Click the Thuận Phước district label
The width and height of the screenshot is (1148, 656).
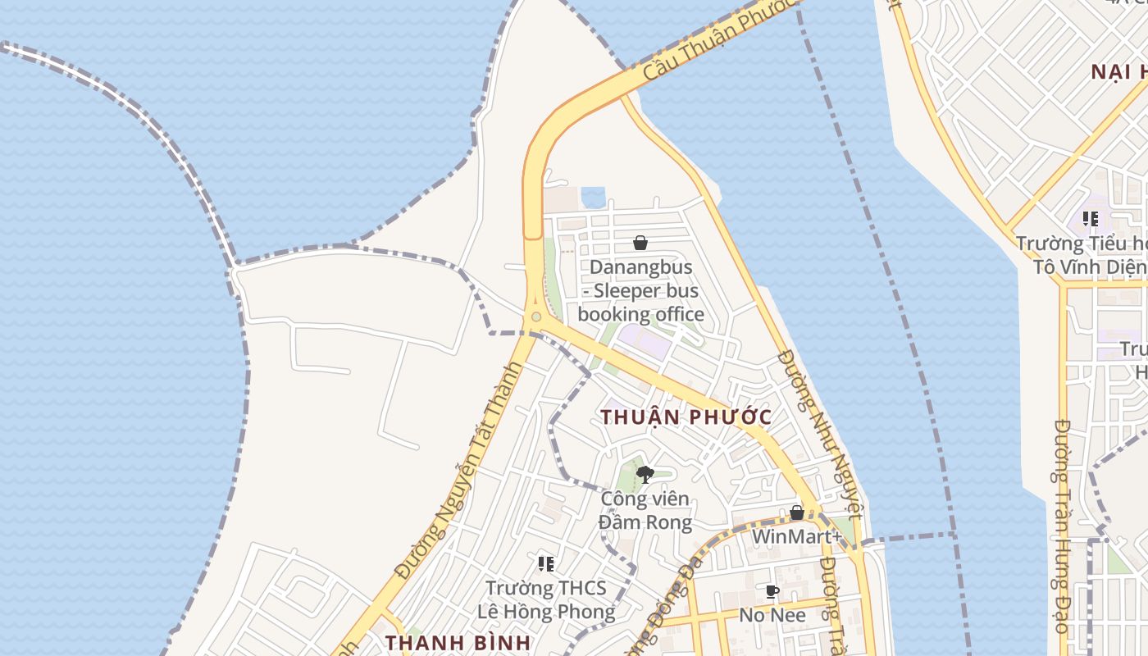[686, 417]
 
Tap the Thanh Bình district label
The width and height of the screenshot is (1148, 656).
[458, 642]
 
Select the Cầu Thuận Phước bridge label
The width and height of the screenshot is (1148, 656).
[719, 39]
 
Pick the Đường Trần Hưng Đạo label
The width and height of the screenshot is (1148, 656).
[1062, 525]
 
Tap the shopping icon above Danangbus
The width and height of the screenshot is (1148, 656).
[640, 243]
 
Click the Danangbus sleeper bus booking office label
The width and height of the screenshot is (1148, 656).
[640, 290]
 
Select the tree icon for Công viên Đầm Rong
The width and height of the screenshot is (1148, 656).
[645, 474]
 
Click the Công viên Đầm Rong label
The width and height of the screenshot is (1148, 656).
[645, 510]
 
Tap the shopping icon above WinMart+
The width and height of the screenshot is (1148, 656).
[796, 512]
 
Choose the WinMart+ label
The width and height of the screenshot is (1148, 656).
[796, 536]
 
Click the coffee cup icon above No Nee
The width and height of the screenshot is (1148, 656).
[772, 591]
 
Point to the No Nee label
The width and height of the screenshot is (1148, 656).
[772, 614]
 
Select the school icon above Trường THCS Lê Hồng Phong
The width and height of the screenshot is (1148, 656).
[546, 563]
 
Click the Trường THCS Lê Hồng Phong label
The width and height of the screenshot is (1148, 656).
[546, 599]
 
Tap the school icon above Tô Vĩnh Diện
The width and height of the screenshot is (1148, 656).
[1090, 218]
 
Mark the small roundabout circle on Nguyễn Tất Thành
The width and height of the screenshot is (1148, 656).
[535, 317]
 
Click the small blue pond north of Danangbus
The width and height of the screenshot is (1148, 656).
[593, 198]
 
